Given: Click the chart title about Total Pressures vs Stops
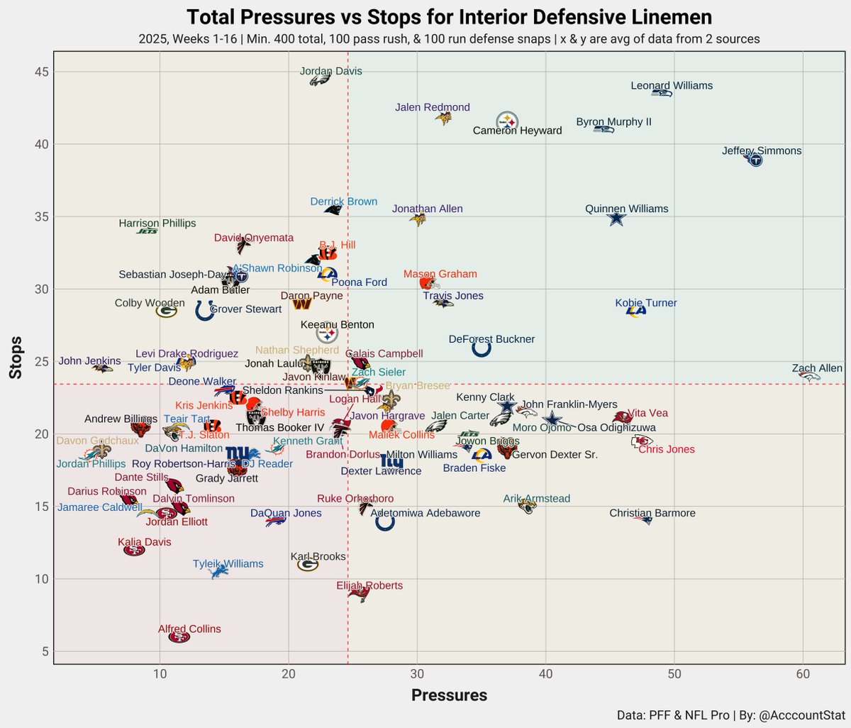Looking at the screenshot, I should pos(449,17).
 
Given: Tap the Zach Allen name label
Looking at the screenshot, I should pos(817,368).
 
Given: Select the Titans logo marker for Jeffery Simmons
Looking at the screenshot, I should pos(755,160).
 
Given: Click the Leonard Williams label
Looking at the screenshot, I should pos(672,86).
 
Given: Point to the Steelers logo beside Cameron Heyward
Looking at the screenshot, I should pos(507,121).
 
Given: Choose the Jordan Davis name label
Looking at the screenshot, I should pos(330,71).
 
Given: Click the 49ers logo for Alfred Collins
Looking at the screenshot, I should pos(179,636).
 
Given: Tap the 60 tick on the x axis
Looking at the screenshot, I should pos(803,673).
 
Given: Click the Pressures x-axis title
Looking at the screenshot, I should pos(449,695).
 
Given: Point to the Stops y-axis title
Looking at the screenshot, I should pos(16,358).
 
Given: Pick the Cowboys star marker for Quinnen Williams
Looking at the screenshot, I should pos(617,219).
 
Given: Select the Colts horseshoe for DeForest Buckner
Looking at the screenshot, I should pos(481,348).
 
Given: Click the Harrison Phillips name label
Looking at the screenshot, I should pos(157,224).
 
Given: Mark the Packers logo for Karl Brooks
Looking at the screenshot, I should pos(307,565).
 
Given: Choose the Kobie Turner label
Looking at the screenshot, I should pos(645,303).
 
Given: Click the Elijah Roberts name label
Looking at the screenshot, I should pos(369,585).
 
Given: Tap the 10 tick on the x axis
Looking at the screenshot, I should pos(160,673).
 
